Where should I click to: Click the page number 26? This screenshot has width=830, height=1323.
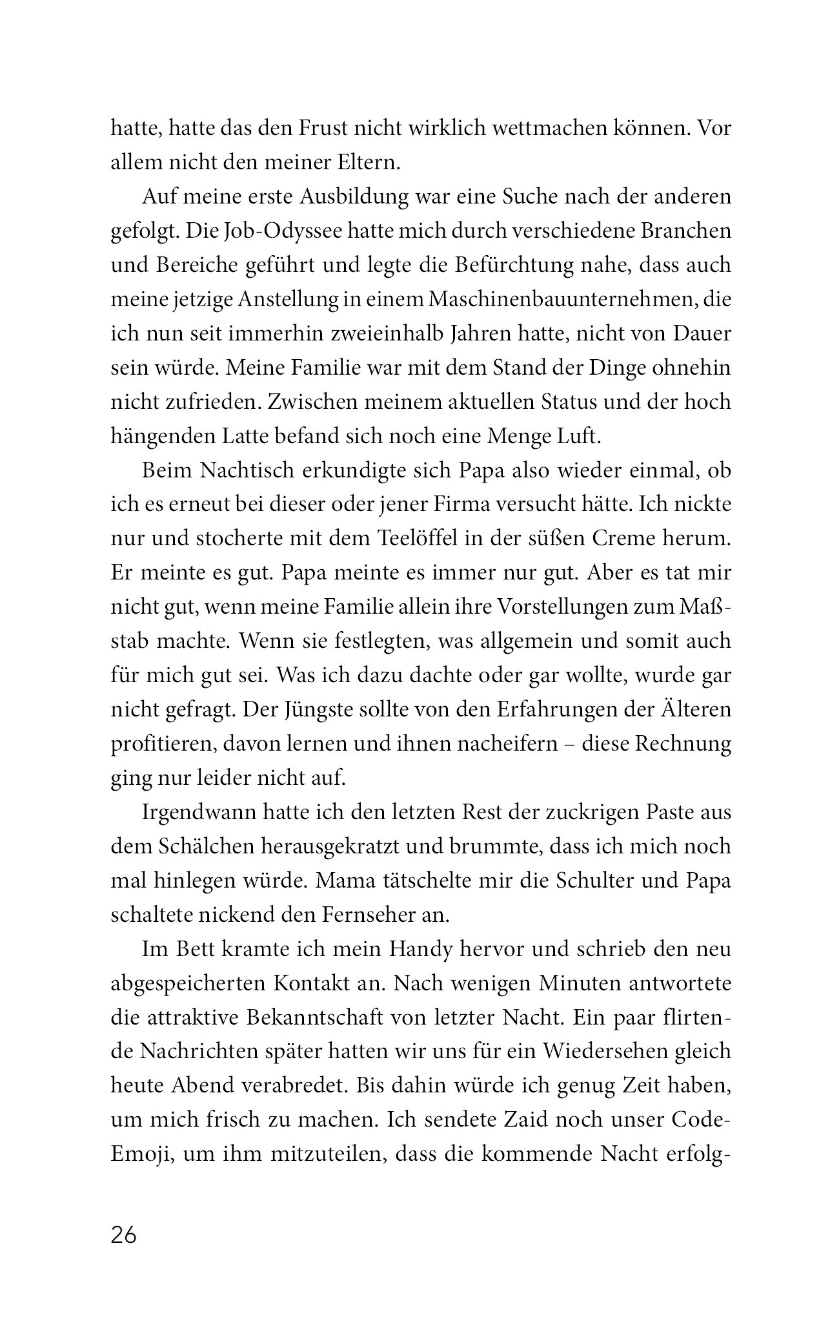tap(124, 1235)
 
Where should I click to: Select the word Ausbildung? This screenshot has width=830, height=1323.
tap(333, 196)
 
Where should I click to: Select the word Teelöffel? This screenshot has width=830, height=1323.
tap(416, 539)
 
